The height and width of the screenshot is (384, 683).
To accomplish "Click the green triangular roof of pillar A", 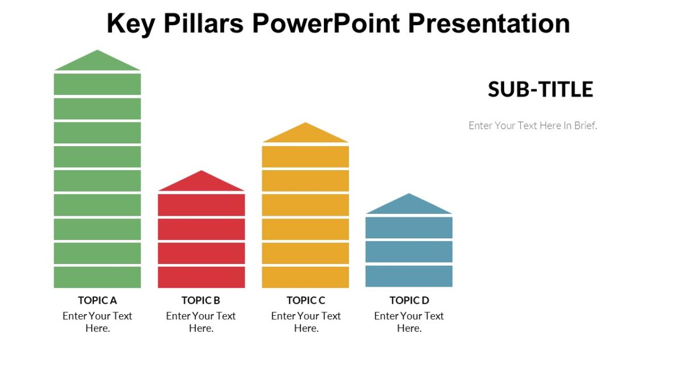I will (x=97, y=63).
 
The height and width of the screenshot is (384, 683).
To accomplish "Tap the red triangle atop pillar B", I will (x=201, y=183).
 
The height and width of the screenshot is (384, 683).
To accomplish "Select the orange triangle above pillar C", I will (x=305, y=135).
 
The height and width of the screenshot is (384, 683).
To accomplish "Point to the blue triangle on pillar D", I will (x=409, y=206).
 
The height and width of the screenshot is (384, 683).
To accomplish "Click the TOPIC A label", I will (x=97, y=300).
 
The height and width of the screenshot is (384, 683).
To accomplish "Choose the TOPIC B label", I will (x=201, y=300).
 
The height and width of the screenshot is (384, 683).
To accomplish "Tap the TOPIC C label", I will (x=306, y=300).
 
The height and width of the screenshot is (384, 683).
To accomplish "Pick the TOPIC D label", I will (x=409, y=300).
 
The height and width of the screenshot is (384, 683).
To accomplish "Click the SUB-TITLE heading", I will (x=540, y=89).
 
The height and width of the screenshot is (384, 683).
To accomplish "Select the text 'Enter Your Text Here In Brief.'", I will (x=533, y=126).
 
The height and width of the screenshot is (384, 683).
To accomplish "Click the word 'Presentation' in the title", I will (x=489, y=24).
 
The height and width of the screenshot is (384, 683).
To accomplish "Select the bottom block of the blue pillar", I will (x=409, y=276).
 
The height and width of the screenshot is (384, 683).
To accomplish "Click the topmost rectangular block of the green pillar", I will (x=97, y=84).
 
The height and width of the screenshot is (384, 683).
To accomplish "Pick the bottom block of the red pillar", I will (x=201, y=277).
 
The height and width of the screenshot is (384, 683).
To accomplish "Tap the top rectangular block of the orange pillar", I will (x=305, y=156).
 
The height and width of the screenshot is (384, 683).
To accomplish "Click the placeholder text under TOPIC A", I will (x=97, y=322).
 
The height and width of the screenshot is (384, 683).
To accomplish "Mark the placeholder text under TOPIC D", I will (x=409, y=322).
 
